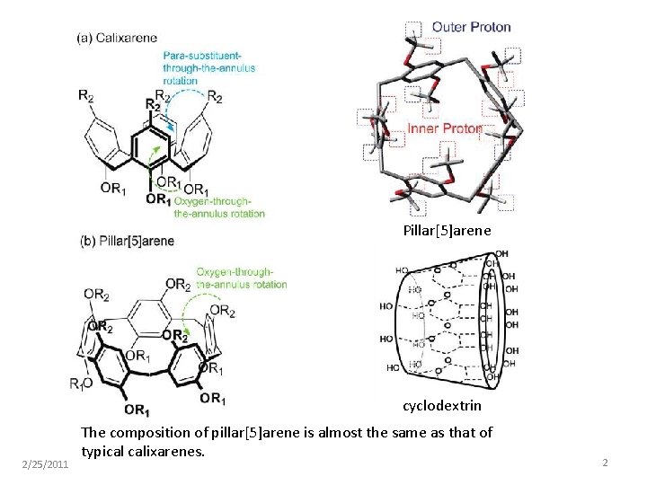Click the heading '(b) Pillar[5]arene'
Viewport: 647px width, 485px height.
(127, 241)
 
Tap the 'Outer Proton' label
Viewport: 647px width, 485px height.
(471, 26)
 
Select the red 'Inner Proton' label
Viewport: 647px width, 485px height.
(445, 128)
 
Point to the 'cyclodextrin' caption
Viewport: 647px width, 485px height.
(441, 406)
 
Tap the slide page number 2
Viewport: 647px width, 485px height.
(606, 463)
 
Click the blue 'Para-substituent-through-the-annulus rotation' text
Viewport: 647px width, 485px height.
(208, 67)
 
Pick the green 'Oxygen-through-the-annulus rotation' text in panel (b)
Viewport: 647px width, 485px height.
(241, 278)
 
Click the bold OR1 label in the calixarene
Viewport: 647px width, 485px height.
(156, 198)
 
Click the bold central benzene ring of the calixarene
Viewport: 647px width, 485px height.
(155, 144)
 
